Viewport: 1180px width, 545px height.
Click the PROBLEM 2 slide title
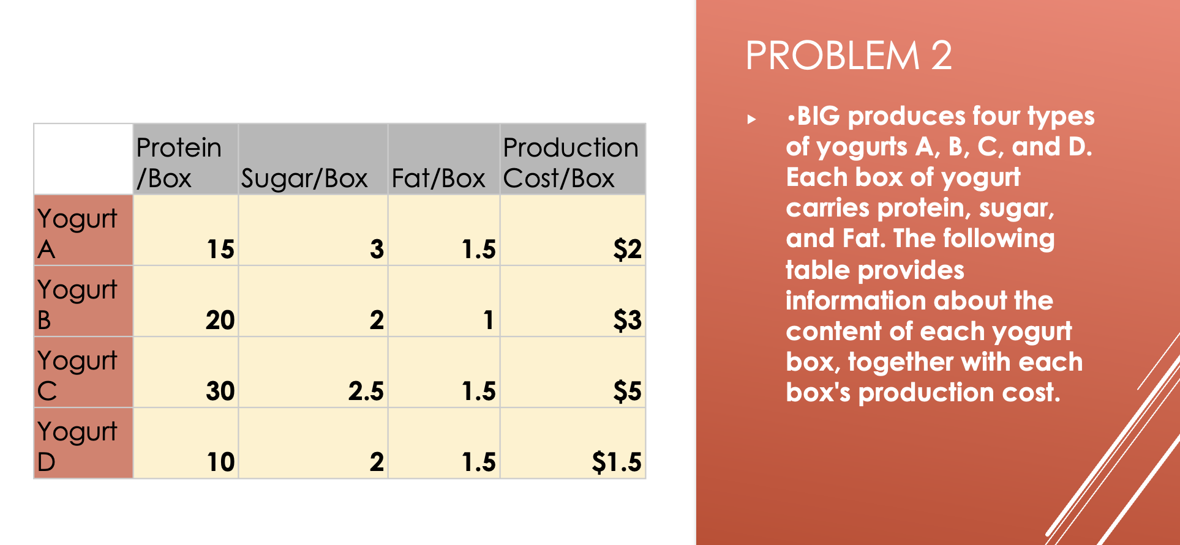click(849, 56)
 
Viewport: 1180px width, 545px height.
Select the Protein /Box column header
click(179, 163)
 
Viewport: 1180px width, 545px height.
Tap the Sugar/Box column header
click(304, 179)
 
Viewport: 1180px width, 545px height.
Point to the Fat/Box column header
click(438, 179)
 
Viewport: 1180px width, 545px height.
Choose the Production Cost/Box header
click(571, 163)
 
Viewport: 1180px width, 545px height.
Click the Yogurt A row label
click(77, 234)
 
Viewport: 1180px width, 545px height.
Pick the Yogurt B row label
click(77, 305)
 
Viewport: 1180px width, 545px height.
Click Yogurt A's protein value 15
click(220, 249)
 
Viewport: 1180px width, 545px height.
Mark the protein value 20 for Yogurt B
click(220, 320)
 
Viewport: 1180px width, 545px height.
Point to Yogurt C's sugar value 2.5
click(366, 391)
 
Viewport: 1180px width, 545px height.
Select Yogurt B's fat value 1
click(488, 320)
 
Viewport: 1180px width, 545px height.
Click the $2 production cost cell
click(628, 249)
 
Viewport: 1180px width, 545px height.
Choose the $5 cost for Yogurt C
click(628, 391)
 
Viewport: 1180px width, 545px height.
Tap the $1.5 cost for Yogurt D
click(617, 462)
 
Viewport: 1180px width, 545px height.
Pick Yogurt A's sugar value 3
click(377, 249)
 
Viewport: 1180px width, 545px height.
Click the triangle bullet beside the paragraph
click(751, 119)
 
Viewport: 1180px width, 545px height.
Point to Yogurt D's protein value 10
click(220, 462)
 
